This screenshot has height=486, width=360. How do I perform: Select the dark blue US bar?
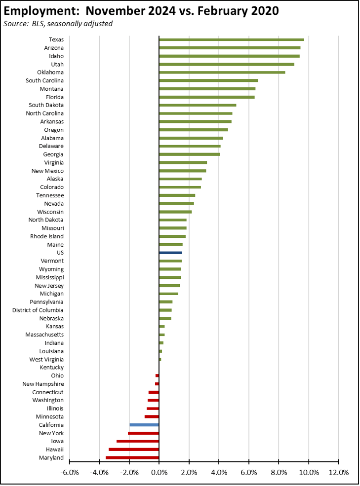click(x=170, y=253)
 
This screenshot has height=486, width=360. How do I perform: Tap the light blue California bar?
click(x=144, y=425)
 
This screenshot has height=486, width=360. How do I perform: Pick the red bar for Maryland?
click(x=132, y=458)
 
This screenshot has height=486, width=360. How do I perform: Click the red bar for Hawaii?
click(x=134, y=449)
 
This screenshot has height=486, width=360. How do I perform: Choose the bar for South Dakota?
click(x=198, y=105)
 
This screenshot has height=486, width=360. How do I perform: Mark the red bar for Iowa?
click(x=138, y=441)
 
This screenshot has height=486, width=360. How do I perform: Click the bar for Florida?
click(x=206, y=97)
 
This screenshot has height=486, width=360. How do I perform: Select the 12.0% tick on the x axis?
click(x=338, y=472)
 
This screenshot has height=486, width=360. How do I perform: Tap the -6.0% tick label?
click(x=69, y=472)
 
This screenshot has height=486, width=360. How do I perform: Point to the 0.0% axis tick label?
click(x=159, y=472)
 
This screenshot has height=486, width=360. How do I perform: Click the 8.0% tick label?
click(x=279, y=472)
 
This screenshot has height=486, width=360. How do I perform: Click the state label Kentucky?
click(x=52, y=368)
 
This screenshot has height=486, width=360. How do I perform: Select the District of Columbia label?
click(x=38, y=310)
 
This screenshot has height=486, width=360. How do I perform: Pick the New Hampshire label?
click(x=43, y=384)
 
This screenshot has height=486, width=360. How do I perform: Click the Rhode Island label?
click(x=45, y=236)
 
